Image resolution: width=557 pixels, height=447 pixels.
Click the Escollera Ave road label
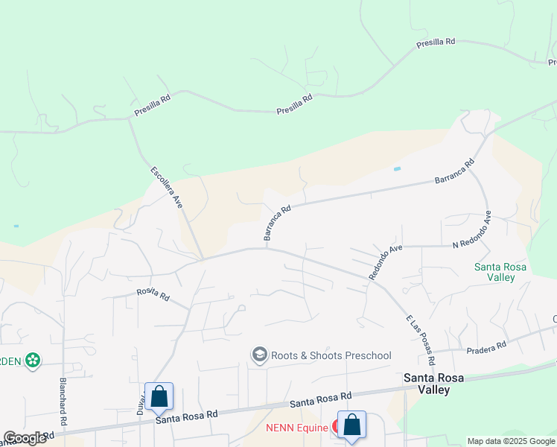[x=167, y=186]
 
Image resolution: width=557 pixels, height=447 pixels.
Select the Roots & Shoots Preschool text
[x=331, y=355]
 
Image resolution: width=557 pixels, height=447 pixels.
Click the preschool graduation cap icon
[x=260, y=355]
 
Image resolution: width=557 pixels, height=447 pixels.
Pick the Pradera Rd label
[x=486, y=346]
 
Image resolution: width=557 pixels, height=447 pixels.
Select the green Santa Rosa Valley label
[x=500, y=272]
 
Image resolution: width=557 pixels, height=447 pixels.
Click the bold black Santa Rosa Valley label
[x=433, y=383]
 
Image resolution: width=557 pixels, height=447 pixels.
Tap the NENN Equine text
[x=297, y=428]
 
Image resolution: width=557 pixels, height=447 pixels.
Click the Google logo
[x=25, y=438]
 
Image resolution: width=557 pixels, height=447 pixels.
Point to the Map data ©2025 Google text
[x=511, y=441]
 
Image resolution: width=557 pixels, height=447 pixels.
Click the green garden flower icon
[x=32, y=361]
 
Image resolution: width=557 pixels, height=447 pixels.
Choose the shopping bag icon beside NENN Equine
[x=352, y=425]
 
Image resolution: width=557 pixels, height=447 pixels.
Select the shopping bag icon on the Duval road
[x=159, y=397]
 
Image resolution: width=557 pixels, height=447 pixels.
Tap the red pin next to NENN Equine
[x=337, y=427]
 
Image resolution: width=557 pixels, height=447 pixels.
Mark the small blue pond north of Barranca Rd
[x=397, y=169]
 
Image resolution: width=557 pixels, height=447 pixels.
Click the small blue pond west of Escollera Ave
[x=16, y=226]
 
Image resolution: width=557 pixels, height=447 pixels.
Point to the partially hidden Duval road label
[x=140, y=403]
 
